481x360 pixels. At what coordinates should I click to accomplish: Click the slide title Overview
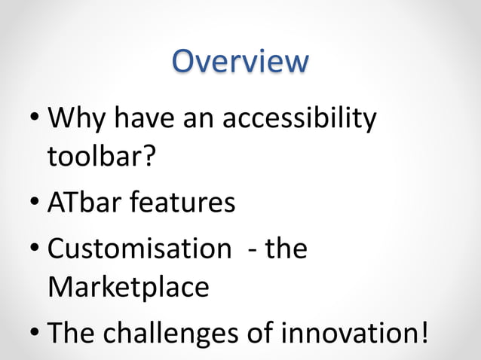tap(240, 62)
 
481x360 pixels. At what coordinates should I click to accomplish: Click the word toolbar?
tap(100, 157)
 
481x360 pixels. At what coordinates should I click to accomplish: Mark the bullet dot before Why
tap(35, 121)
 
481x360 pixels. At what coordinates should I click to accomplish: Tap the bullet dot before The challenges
tap(35, 333)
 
